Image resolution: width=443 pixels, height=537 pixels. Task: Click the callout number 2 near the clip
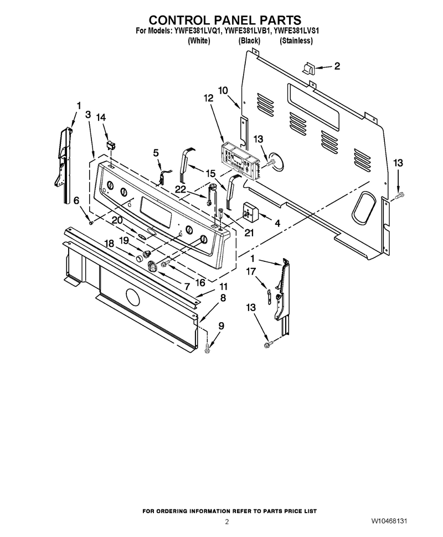(x=337, y=66)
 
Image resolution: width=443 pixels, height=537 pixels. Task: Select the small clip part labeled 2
(x=308, y=68)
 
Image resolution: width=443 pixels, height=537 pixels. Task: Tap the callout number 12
(x=208, y=99)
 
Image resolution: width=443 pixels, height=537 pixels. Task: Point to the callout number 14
(x=101, y=117)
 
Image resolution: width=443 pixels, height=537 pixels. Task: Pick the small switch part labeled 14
(x=111, y=145)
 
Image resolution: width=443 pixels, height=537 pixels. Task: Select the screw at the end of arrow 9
(x=207, y=349)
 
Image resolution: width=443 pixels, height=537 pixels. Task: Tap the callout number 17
(x=251, y=271)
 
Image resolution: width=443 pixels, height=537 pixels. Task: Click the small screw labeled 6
(x=91, y=223)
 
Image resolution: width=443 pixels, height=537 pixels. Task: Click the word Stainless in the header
(x=296, y=41)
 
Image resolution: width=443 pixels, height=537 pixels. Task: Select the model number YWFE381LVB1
(x=247, y=31)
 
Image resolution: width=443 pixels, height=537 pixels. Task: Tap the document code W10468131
(x=389, y=521)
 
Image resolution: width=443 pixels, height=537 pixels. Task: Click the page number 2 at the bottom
(x=226, y=522)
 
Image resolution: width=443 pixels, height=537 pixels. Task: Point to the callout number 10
(x=223, y=90)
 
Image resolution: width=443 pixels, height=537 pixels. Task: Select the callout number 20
(x=117, y=221)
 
